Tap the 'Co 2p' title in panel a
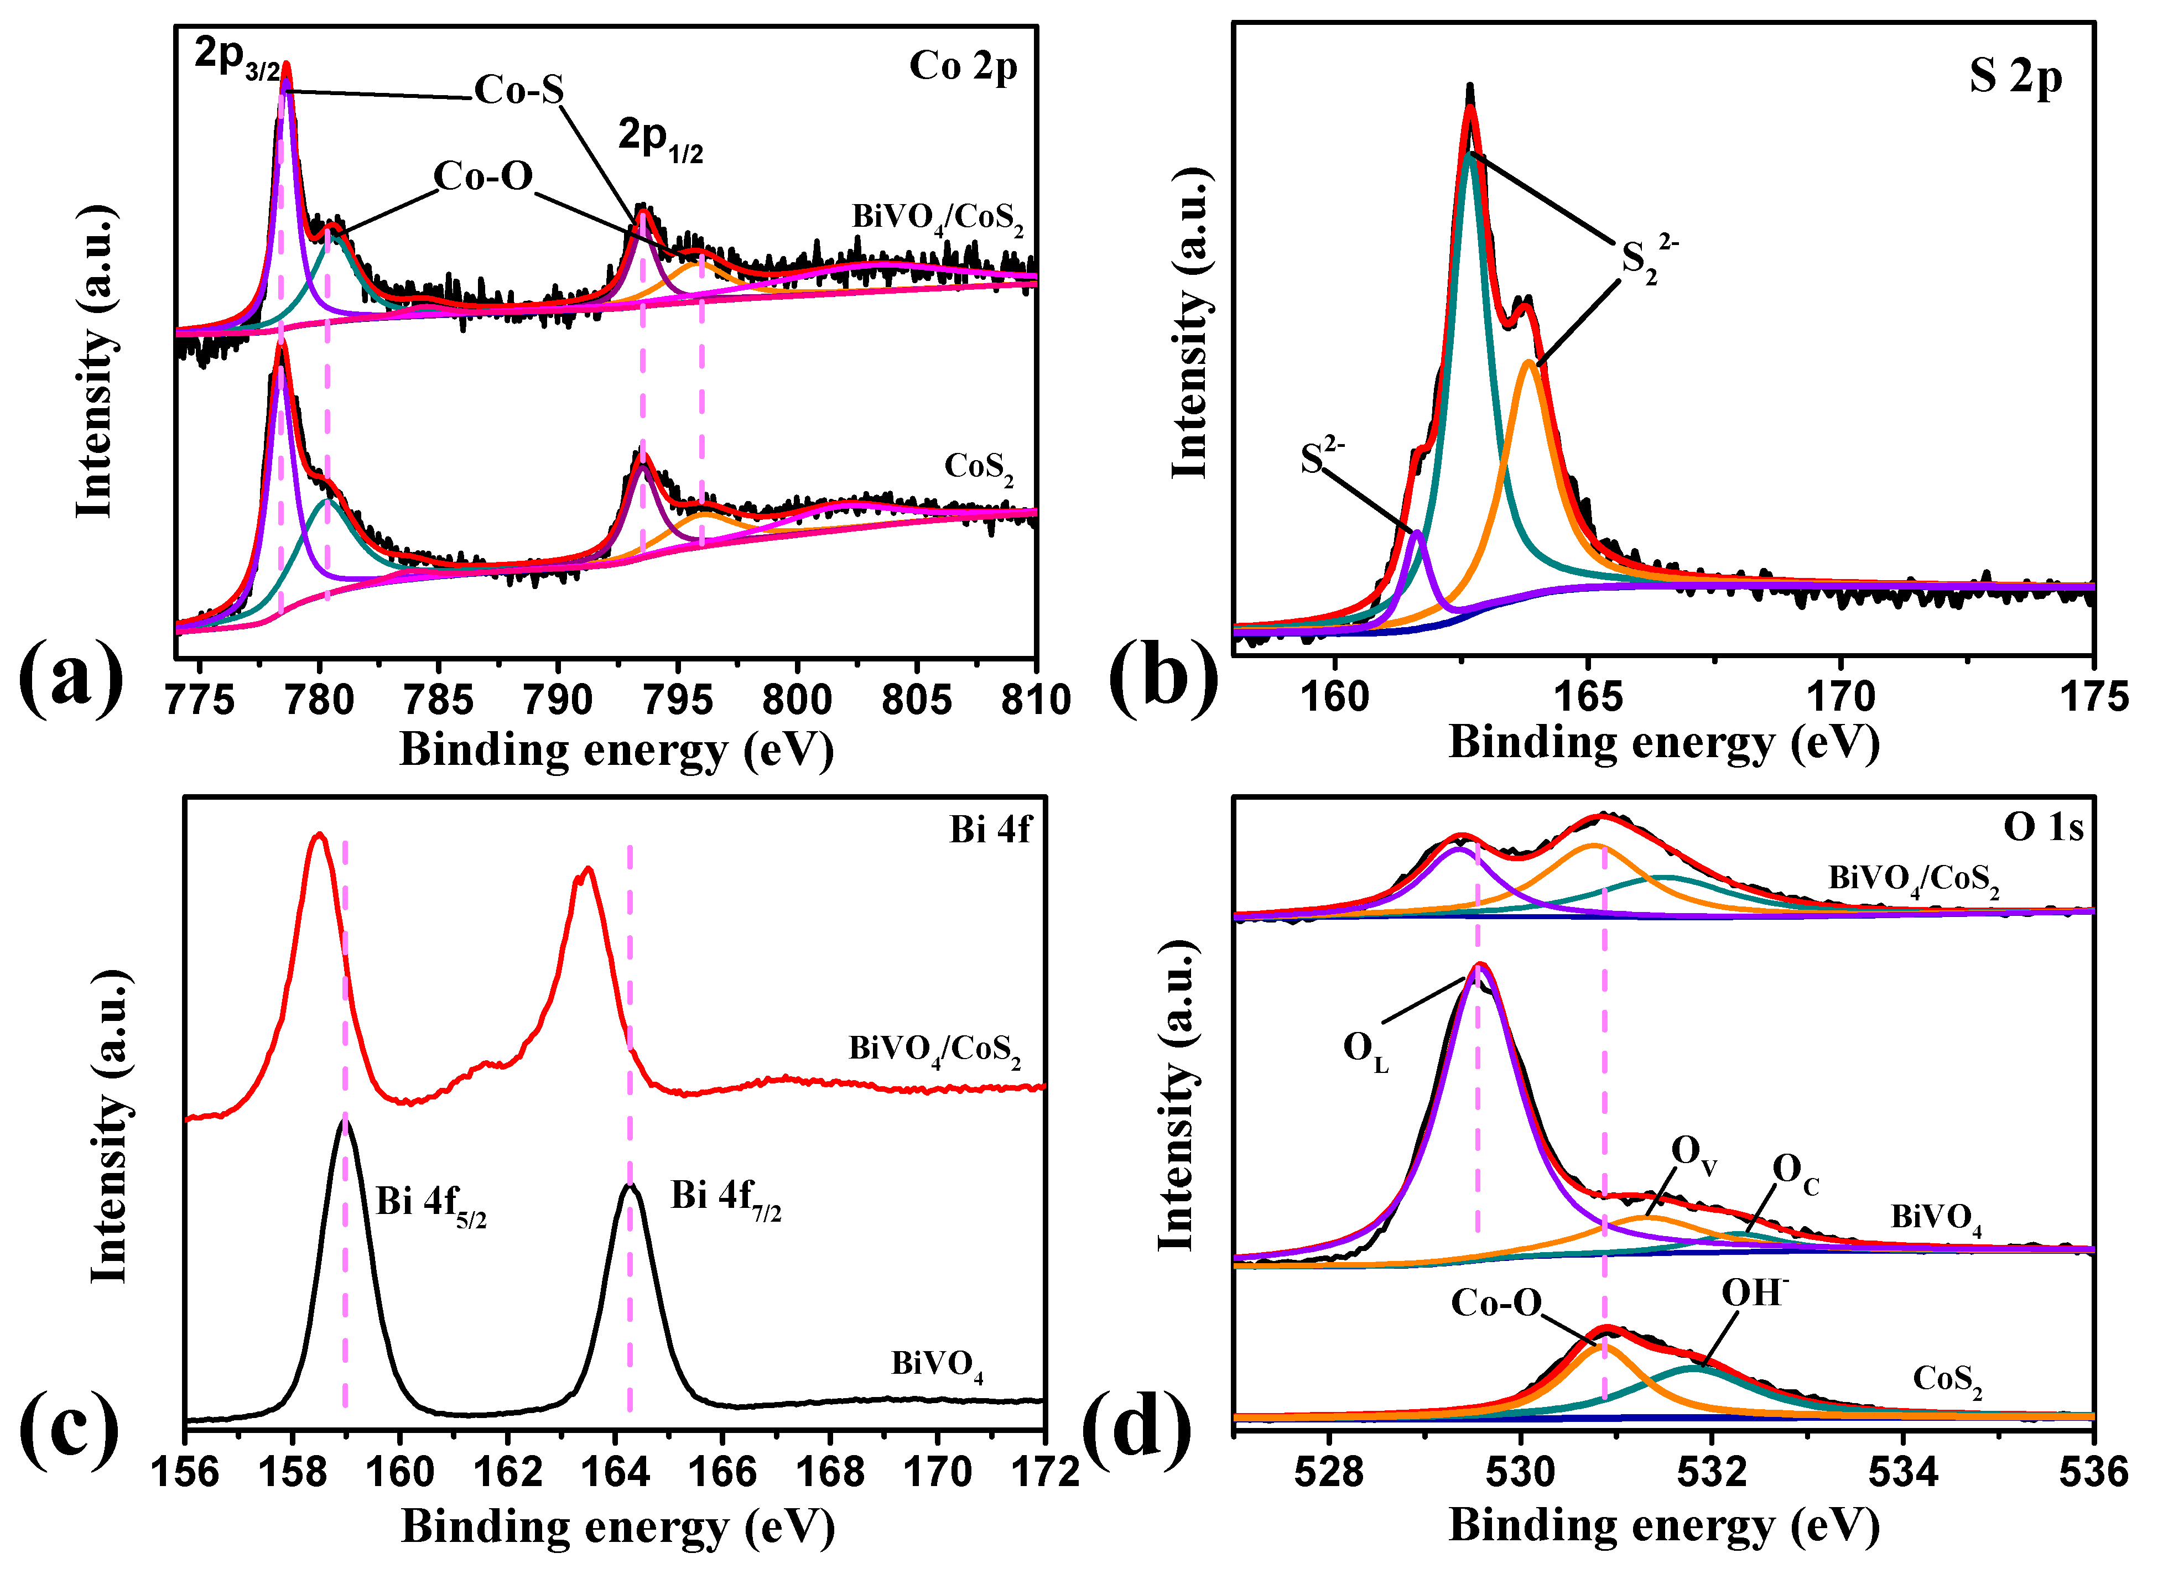[963, 67]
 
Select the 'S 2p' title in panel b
[2015, 76]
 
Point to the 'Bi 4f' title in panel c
[990, 830]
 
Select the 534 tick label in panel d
[1902, 1472]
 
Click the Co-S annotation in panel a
[520, 90]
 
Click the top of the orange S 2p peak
[1529, 362]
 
